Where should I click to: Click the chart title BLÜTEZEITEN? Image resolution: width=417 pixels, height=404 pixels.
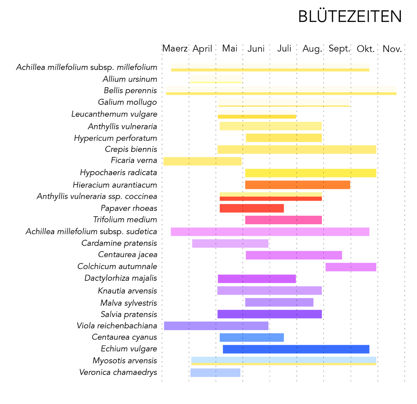(350, 16)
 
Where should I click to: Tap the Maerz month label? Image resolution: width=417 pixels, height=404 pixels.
(175, 48)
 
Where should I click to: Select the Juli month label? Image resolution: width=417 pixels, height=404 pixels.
(284, 48)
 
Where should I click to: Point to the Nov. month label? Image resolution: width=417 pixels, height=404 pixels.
(392, 49)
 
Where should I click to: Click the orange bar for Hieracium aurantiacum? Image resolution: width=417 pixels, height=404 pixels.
(297, 185)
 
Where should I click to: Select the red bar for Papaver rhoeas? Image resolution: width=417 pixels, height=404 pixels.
(252, 208)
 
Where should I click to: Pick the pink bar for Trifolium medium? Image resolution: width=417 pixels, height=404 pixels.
(283, 220)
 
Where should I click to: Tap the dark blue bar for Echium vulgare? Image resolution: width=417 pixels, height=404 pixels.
(296, 349)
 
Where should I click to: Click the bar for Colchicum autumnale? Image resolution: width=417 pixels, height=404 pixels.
(351, 267)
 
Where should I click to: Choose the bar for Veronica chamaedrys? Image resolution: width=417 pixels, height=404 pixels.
(215, 373)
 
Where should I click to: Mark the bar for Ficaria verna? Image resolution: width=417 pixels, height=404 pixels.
(202, 161)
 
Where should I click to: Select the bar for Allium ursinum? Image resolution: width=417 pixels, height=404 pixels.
(216, 79)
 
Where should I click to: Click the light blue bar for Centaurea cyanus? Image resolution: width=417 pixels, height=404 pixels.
(252, 337)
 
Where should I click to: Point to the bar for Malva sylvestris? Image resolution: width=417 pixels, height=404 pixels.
(279, 302)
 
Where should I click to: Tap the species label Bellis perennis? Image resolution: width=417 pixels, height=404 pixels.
(130, 91)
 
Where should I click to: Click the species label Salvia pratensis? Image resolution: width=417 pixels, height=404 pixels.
(129, 314)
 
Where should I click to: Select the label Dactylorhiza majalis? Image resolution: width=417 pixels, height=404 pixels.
(121, 278)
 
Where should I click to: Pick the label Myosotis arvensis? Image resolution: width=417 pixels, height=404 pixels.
(125, 361)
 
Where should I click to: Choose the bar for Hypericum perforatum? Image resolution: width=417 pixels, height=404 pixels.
(284, 138)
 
